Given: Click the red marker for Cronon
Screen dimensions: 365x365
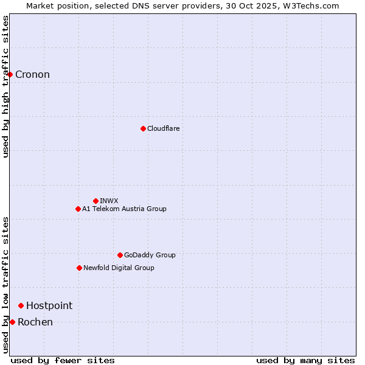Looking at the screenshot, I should (x=10, y=74).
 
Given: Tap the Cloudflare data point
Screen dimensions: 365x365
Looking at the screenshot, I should (x=143, y=128).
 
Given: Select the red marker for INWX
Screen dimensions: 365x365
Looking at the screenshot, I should (x=96, y=201).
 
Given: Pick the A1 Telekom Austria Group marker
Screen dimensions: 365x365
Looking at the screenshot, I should (x=78, y=209).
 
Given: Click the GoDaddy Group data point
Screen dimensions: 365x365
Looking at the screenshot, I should (x=120, y=255).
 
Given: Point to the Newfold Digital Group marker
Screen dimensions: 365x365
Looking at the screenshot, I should (x=79, y=268).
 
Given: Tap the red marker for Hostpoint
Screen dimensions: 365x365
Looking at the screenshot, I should (x=21, y=305).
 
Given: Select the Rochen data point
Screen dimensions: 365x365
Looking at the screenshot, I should (x=12, y=322).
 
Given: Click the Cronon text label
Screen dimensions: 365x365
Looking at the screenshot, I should (x=32, y=75).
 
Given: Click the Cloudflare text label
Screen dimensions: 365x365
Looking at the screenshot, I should (x=163, y=128).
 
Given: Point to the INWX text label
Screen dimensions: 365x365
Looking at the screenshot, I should (x=109, y=201).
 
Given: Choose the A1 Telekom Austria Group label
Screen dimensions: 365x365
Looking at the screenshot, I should (x=124, y=209).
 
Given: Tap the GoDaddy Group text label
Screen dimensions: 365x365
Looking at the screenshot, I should (x=150, y=255).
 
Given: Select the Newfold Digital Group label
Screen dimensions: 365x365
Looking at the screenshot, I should (x=119, y=268).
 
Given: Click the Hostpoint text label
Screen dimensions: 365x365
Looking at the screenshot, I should (x=49, y=305).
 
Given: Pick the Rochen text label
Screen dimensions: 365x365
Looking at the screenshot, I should (x=35, y=322).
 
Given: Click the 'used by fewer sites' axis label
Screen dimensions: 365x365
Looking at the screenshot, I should (x=63, y=360).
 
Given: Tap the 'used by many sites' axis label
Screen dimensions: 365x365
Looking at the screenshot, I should (x=305, y=360).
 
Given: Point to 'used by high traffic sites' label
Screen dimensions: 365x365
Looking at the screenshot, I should (x=5, y=86).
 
